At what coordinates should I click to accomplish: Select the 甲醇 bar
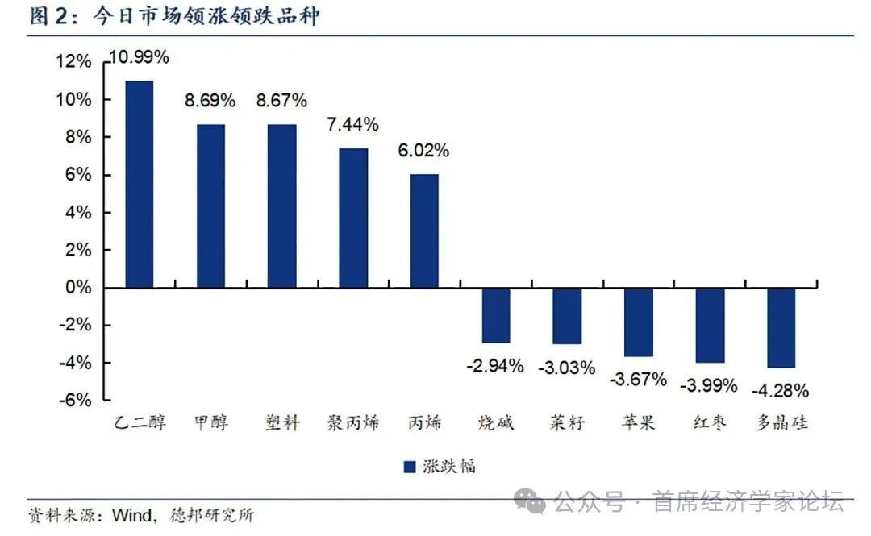pos(210,206)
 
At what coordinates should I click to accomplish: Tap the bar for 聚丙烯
pos(353,218)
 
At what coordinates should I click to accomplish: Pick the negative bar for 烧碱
pos(496,315)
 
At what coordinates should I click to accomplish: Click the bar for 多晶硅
pos(781,327)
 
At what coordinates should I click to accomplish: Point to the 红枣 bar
pos(710,325)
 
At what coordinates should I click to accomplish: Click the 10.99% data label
pos(139,56)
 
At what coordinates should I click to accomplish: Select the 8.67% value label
pos(281,101)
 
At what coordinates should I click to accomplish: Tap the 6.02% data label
pos(423,151)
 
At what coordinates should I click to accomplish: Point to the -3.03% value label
pos(566,368)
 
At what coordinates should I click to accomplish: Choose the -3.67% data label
pos(638,379)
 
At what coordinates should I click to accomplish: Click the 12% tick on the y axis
pos(75,62)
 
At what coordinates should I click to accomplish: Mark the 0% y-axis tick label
pos(80,288)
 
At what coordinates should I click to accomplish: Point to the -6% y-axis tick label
pos(77,401)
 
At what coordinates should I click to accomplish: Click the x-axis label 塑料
pos(282,422)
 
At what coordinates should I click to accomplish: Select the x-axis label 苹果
pos(638,422)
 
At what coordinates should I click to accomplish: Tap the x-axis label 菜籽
pos(566,422)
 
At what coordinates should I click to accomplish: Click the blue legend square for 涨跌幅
pos(409,466)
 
